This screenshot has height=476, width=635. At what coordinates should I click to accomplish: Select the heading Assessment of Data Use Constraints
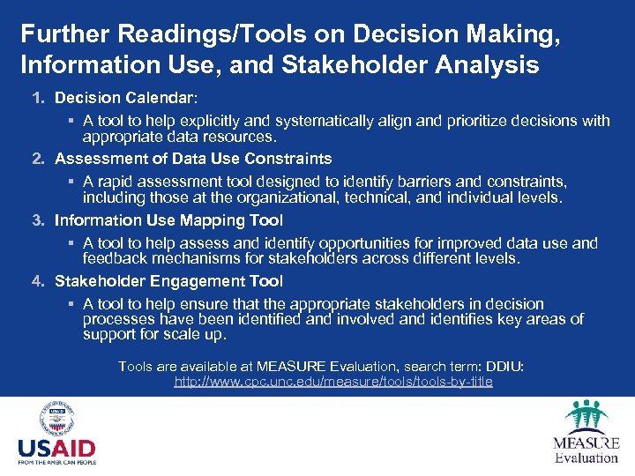pos(193,159)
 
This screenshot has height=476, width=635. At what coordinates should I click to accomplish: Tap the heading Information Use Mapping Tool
pos(168,220)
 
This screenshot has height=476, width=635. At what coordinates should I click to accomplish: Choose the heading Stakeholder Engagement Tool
pos(168,281)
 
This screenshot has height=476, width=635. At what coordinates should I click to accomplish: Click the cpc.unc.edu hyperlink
pos(333,382)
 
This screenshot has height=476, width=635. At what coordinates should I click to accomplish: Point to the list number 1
pos(38,96)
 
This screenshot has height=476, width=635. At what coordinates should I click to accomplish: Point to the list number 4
pos(38,281)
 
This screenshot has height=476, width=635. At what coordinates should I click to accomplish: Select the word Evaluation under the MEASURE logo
pos(586,457)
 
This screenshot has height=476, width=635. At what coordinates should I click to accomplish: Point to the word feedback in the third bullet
pos(115,259)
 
